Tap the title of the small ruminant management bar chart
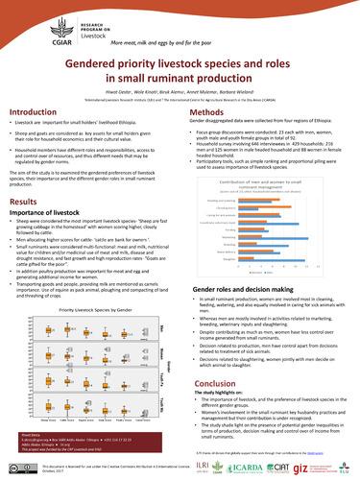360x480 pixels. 262,180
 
